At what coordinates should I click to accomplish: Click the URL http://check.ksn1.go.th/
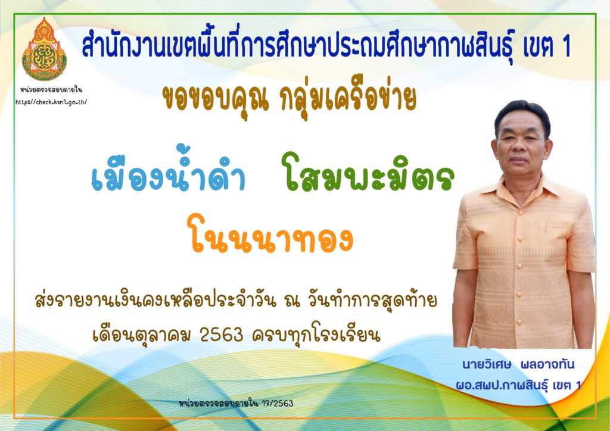coord(51,102)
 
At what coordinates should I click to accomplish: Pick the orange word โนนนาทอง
coord(270,235)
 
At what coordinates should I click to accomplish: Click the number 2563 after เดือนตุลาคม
coord(222,334)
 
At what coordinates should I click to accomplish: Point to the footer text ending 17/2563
coord(236,403)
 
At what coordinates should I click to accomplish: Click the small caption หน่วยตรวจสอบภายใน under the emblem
coord(51,90)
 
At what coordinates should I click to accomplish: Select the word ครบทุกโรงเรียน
coord(316,334)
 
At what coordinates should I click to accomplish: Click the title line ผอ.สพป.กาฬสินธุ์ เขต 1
coord(519,385)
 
